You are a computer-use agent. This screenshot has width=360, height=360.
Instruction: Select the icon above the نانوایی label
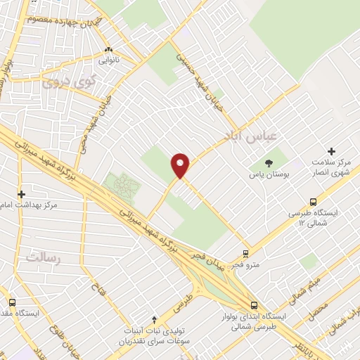click(108, 51)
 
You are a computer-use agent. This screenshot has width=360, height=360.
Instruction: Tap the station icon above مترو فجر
click(245, 253)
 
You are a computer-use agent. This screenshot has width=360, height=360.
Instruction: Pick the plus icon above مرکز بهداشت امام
click(22, 194)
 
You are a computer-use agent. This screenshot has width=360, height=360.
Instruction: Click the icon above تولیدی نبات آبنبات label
click(155, 319)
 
